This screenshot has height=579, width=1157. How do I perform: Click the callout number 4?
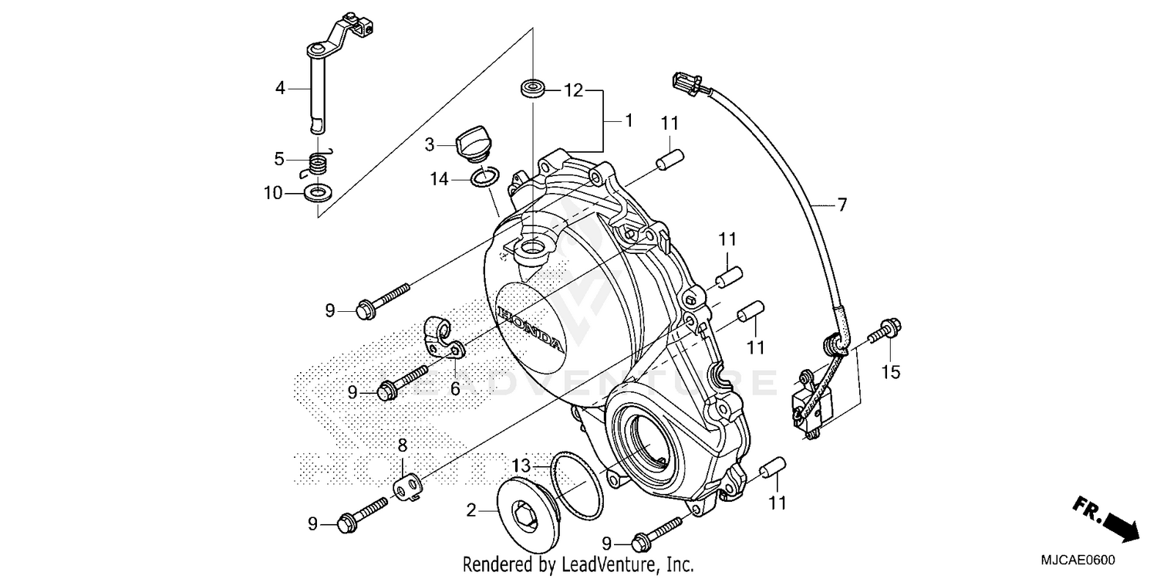pos(281,88)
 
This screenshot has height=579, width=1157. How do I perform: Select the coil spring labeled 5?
pos(316,163)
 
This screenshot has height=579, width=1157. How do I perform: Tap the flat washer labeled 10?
pos(316,191)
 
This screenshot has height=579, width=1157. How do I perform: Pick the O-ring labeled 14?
pos(484,178)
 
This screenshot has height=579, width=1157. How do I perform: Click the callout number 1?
pos(629,121)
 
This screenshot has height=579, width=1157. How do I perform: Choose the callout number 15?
pos(891,373)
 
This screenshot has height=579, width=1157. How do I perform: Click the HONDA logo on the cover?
pos(531,329)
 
